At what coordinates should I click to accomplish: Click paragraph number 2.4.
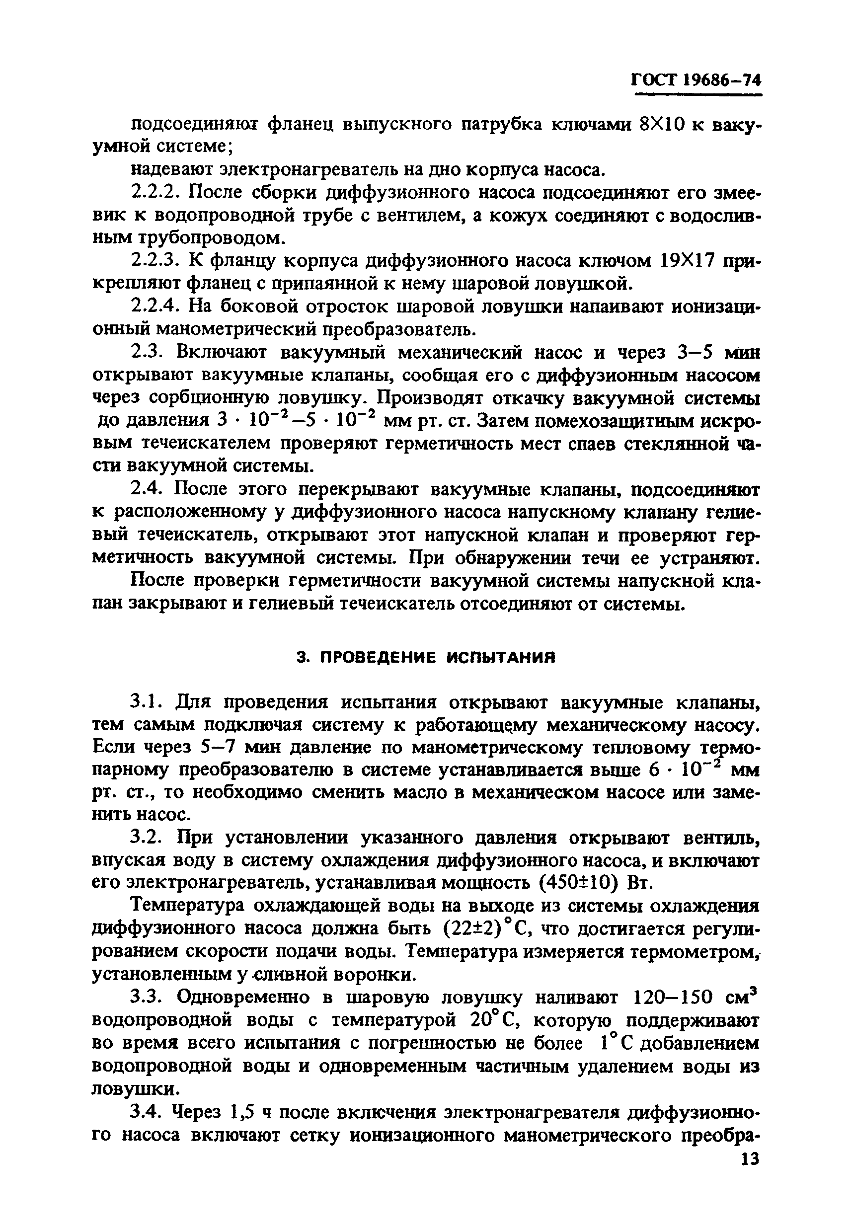[147, 489]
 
